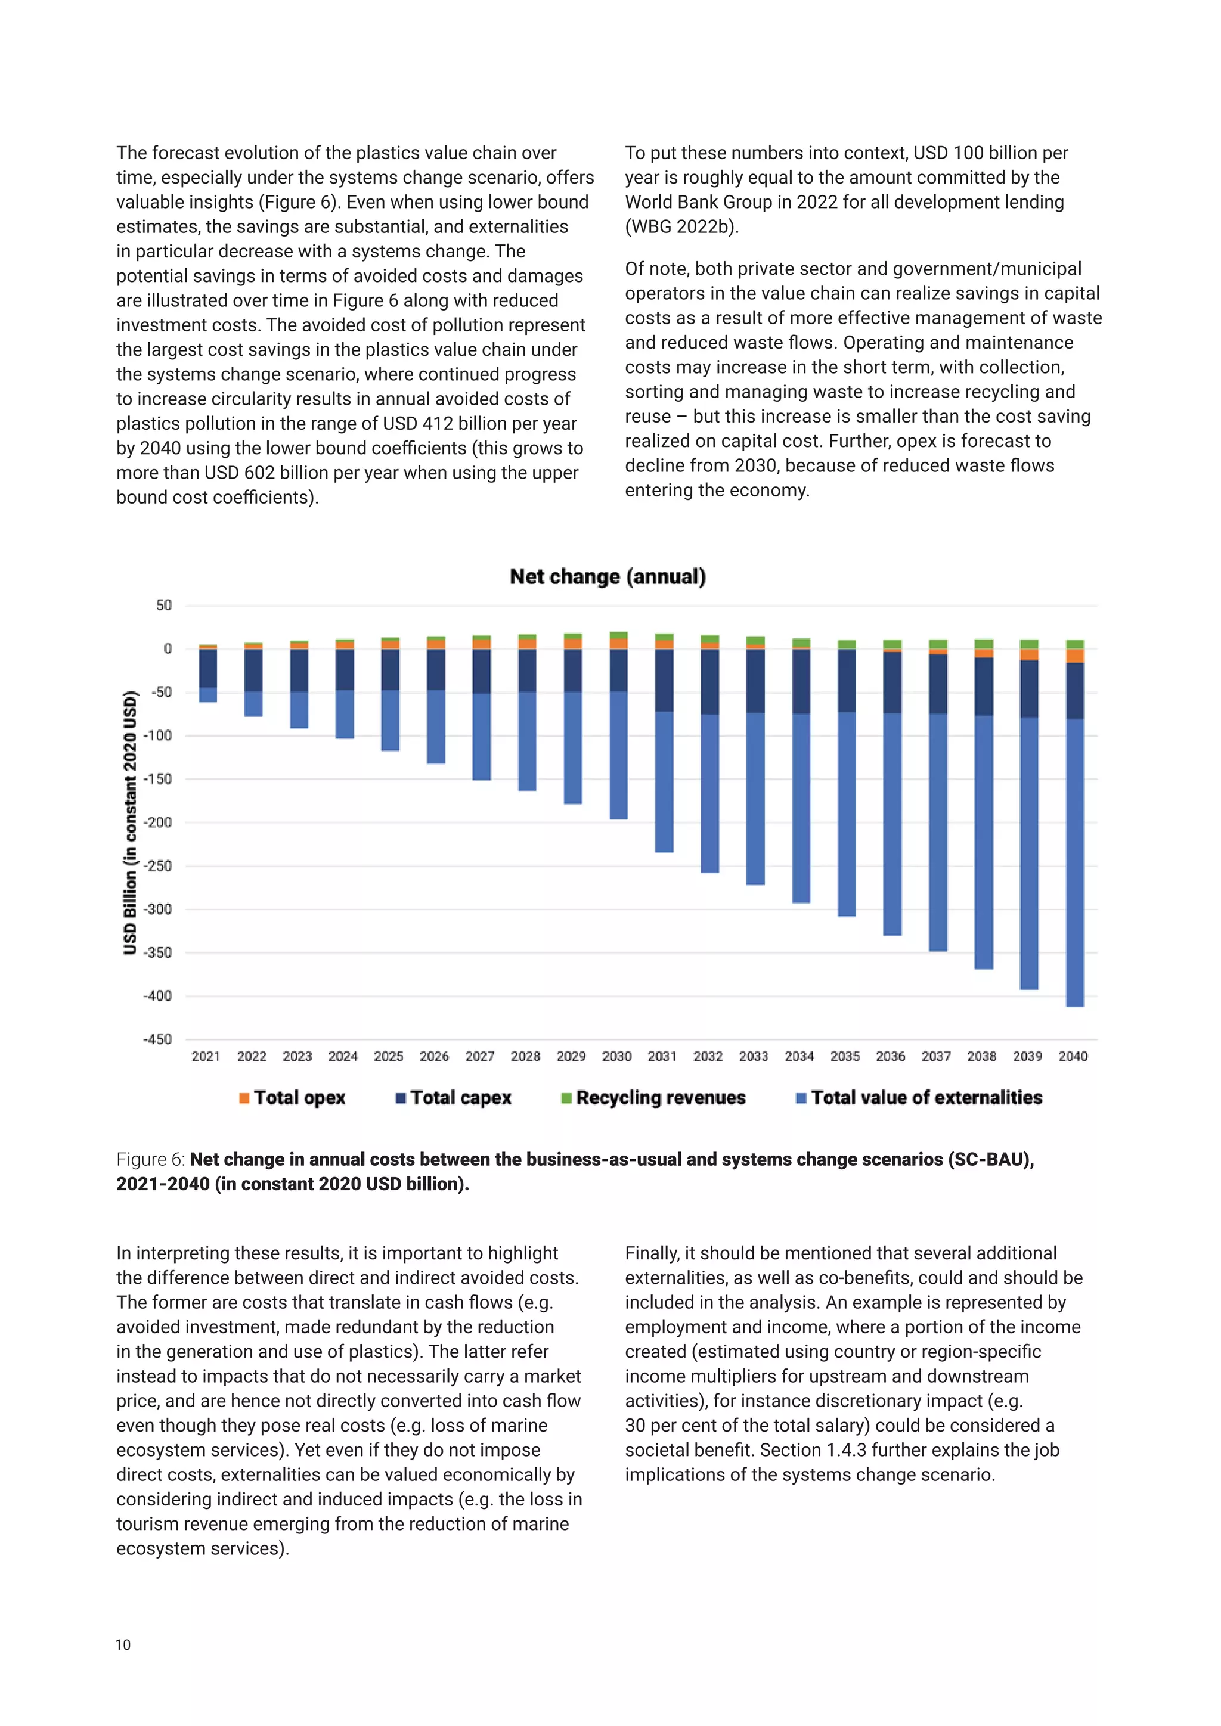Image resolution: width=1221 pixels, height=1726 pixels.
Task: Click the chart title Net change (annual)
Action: pos(608,576)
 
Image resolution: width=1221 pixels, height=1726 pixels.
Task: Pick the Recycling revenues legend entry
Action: pos(653,1098)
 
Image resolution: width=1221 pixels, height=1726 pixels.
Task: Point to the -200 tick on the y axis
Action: pos(158,822)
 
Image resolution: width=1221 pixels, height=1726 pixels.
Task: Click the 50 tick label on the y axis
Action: pos(164,605)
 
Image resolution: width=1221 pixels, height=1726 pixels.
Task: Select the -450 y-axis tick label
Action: pos(158,1039)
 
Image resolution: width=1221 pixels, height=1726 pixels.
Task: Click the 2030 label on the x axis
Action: pos(616,1056)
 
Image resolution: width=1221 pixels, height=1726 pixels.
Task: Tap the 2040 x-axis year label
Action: pos(1073,1056)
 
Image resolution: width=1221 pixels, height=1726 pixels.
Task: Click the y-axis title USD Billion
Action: pos(130,822)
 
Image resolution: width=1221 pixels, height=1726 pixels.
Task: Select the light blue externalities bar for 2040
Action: pos(1075,865)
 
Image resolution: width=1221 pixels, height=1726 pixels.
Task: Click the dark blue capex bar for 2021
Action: pos(207,668)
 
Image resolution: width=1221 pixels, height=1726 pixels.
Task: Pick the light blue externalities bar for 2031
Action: pos(664,782)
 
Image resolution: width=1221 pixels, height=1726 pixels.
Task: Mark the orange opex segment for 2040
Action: pos(1075,656)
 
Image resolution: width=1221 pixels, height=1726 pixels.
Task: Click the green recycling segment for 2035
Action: pos(847,644)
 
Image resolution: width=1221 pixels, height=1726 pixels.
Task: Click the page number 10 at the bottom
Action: pos(123,1645)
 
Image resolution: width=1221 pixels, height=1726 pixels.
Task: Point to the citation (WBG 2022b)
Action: pos(681,226)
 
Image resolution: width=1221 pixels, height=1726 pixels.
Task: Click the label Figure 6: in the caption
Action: pos(150,1159)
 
